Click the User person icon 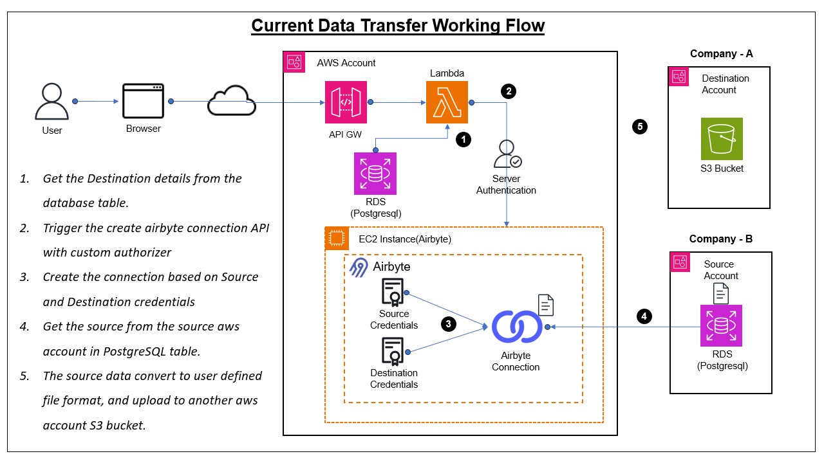pyautogui.click(x=51, y=101)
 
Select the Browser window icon pyautogui.click(x=143, y=101)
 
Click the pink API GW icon pyautogui.click(x=346, y=102)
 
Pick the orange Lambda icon pyautogui.click(x=447, y=102)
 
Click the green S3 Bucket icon pyautogui.click(x=722, y=138)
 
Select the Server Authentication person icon pyautogui.click(x=507, y=154)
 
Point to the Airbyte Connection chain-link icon pyautogui.click(x=516, y=327)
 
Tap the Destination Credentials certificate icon pyautogui.click(x=393, y=352)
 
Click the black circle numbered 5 pyautogui.click(x=640, y=127)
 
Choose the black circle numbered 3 pyautogui.click(x=449, y=324)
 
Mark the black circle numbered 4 pyautogui.click(x=643, y=316)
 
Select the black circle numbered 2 pyautogui.click(x=509, y=91)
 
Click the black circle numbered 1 pyautogui.click(x=463, y=139)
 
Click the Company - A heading pyautogui.click(x=721, y=54)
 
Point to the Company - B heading pyautogui.click(x=720, y=239)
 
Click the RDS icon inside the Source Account pyautogui.click(x=721, y=326)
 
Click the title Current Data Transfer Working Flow pyautogui.click(x=398, y=26)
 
